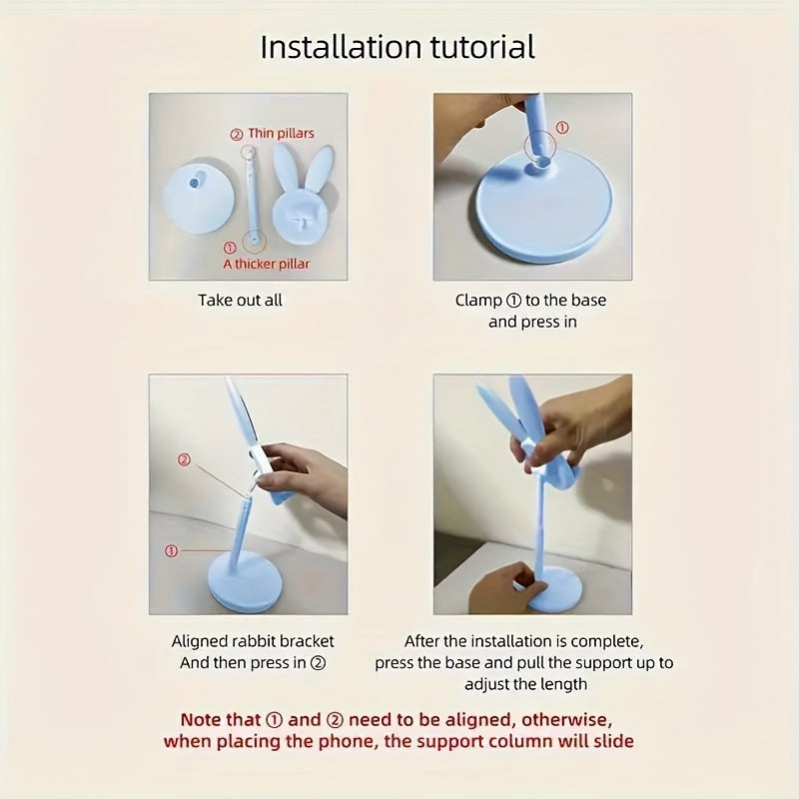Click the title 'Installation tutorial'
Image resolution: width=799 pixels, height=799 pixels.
click(x=398, y=47)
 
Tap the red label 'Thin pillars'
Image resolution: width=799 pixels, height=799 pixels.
click(x=281, y=133)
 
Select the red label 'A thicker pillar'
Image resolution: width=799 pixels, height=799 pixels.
click(x=266, y=264)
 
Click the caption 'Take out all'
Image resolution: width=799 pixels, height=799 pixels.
click(x=240, y=300)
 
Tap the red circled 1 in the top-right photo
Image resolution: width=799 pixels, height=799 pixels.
click(x=561, y=128)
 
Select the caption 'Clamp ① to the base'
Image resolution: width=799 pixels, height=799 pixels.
click(x=530, y=300)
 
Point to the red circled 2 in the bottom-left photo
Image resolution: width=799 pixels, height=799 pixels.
click(x=183, y=460)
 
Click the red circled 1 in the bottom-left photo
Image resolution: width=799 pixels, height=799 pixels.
click(x=171, y=550)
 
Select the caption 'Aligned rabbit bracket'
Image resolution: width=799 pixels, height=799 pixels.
click(x=253, y=641)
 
